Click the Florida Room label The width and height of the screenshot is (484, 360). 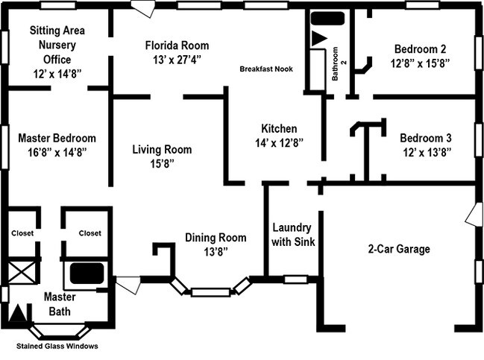[177, 45]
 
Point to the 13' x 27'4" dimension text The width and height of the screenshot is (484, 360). [177, 59]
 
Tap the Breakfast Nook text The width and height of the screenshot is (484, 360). [265, 69]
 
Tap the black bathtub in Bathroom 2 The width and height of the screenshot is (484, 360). [327, 19]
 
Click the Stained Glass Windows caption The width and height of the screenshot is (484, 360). [57, 346]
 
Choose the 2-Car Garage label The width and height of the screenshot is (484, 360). [399, 249]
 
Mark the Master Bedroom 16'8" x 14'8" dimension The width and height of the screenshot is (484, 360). [57, 151]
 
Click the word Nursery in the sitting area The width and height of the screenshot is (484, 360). [57, 45]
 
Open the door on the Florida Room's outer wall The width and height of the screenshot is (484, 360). [142, 10]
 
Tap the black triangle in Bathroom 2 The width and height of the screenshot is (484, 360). [319, 37]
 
